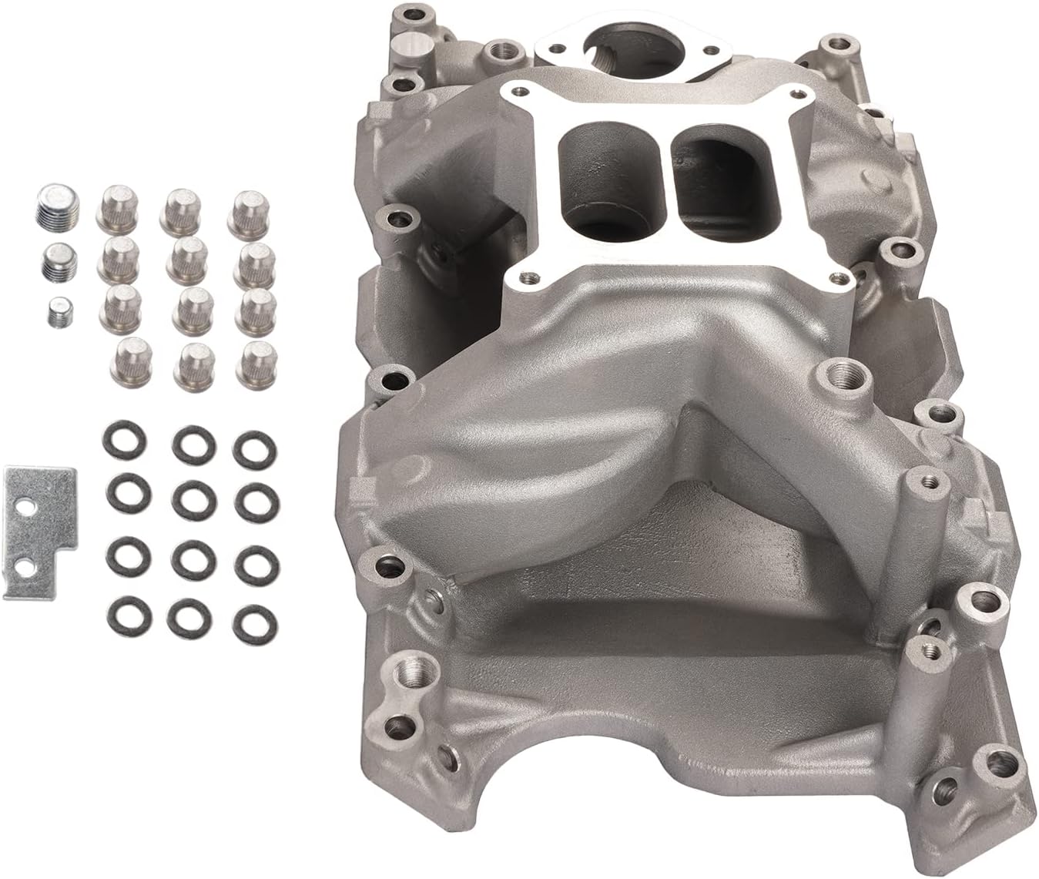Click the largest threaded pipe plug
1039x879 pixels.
[x=52, y=206]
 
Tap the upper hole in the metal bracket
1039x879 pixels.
[x=28, y=509]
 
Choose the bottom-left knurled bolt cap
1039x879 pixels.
[x=134, y=357]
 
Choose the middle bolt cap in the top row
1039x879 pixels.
[x=182, y=210]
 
